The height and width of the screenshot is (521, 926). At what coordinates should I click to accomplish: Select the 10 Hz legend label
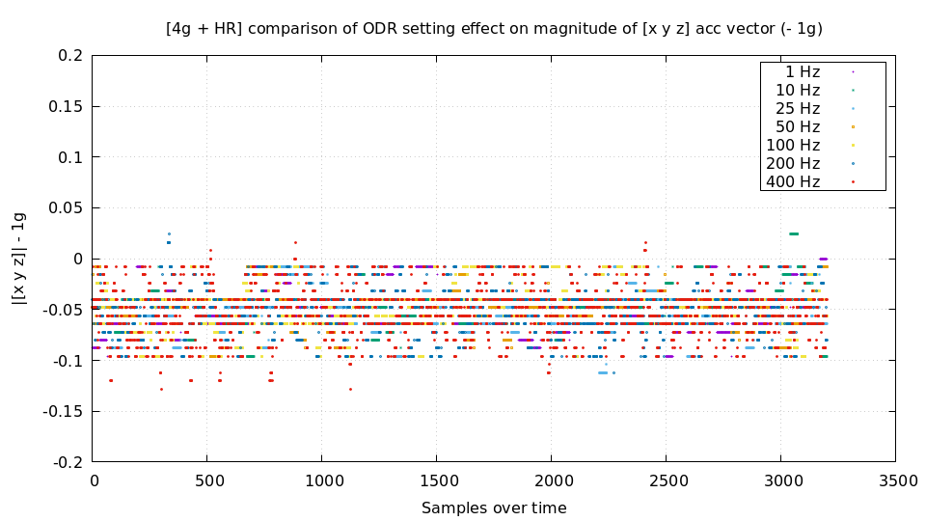[x=797, y=90]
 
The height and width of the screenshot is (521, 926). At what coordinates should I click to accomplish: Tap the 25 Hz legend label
[x=797, y=108]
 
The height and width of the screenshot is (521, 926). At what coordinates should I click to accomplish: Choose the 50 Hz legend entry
[x=797, y=126]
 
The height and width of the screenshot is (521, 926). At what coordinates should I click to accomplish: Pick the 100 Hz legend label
[x=793, y=145]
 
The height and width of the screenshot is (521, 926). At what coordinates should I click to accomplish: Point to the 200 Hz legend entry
[x=793, y=163]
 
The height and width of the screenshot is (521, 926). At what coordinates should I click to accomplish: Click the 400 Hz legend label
[x=793, y=181]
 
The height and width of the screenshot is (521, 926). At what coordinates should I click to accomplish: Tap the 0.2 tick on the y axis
[x=70, y=56]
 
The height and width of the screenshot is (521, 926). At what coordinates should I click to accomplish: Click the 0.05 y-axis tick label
[x=66, y=208]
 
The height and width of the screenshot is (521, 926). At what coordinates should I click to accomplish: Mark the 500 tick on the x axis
[x=208, y=480]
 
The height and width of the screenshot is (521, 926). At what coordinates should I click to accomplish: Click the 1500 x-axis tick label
[x=437, y=480]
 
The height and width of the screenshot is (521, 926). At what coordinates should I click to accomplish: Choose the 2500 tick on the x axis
[x=667, y=480]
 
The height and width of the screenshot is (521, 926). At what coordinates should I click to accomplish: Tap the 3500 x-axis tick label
[x=895, y=480]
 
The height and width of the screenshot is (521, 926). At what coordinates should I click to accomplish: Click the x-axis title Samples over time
[x=494, y=507]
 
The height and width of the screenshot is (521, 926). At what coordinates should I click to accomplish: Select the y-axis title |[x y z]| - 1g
[x=18, y=259]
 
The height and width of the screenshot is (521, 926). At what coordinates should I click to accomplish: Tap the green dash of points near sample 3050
[x=794, y=233]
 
